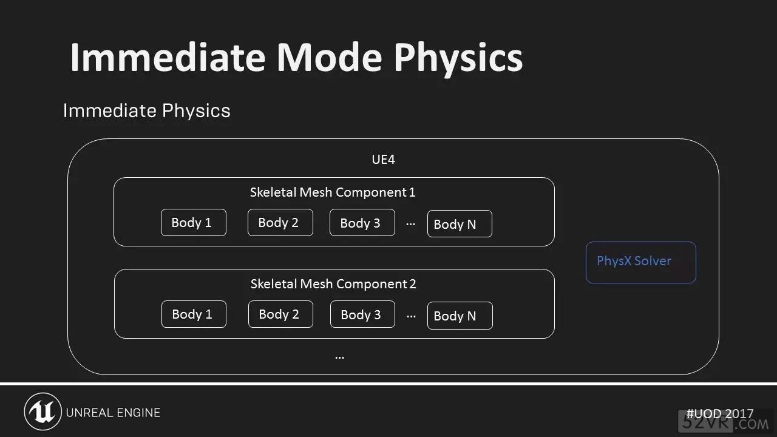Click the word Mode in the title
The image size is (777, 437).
click(x=329, y=57)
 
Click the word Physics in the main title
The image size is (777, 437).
click(x=458, y=59)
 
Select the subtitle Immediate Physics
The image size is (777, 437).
click(x=146, y=110)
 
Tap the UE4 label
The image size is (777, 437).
click(x=383, y=159)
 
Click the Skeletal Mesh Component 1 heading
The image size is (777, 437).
click(x=333, y=192)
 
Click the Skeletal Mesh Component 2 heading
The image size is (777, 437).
click(x=333, y=283)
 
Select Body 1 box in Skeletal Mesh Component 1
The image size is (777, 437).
click(x=194, y=222)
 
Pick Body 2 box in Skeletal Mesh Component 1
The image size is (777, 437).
click(x=280, y=222)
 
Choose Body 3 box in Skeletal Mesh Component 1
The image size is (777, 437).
click(x=362, y=222)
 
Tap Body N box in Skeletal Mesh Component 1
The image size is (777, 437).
click(x=460, y=224)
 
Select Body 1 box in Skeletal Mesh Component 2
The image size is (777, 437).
click(x=194, y=314)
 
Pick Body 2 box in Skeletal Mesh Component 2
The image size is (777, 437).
click(x=280, y=314)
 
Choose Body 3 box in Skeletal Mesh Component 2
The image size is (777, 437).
click(x=362, y=314)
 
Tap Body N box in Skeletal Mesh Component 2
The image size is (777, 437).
click(x=460, y=316)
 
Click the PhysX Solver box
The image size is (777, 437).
click(x=640, y=262)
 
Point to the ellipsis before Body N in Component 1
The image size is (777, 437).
click(x=411, y=225)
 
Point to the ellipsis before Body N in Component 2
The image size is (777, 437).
click(x=411, y=316)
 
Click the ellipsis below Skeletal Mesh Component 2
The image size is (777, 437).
click(x=339, y=357)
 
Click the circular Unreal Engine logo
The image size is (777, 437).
click(x=42, y=412)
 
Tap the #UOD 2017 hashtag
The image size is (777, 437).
click(x=720, y=413)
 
